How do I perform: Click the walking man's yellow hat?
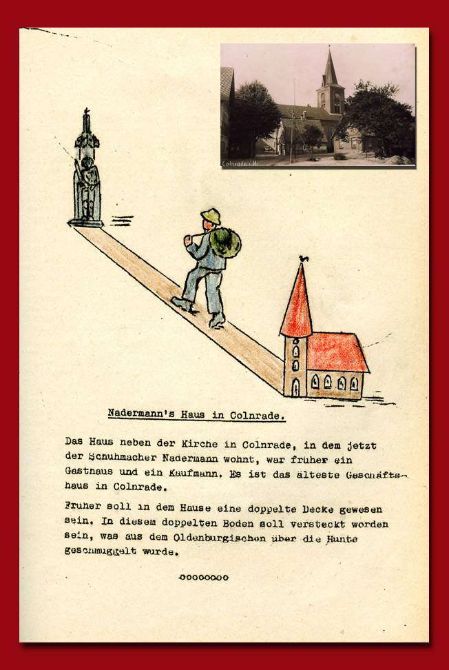point(211,216)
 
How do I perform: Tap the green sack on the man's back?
point(225,243)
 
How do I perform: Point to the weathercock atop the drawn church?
point(303,259)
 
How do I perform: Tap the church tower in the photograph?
point(331,90)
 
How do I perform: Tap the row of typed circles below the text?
point(203,577)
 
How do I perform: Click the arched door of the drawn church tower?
point(295,387)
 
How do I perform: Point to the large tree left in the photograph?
point(253,114)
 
